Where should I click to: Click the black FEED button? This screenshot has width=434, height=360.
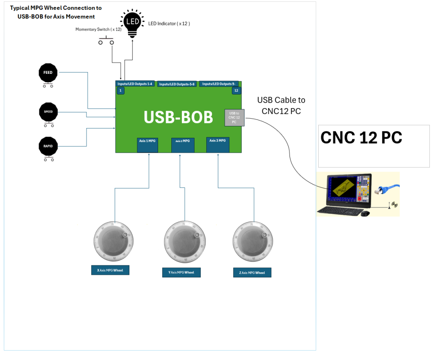48,73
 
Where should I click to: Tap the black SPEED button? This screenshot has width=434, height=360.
48,112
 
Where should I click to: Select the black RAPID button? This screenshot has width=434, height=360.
48,146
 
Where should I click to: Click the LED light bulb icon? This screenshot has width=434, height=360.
132,22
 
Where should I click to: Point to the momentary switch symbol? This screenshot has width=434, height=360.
106,42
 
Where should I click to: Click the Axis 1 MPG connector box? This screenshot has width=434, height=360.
147,144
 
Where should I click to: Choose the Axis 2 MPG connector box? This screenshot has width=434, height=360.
183,145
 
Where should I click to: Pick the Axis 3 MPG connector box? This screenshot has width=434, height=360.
218,144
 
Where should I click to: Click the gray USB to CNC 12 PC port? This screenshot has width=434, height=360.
234,117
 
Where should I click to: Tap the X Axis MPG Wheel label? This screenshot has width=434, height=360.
110,270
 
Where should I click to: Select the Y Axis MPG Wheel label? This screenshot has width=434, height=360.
181,272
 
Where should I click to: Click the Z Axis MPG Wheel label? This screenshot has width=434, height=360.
252,273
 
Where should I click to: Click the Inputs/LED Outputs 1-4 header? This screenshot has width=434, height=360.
135,84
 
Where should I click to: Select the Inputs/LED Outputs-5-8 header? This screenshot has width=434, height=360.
177,84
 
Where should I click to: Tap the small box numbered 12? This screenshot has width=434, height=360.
236,91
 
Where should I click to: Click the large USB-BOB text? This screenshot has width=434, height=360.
178,117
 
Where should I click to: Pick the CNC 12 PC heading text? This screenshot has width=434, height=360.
361,137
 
